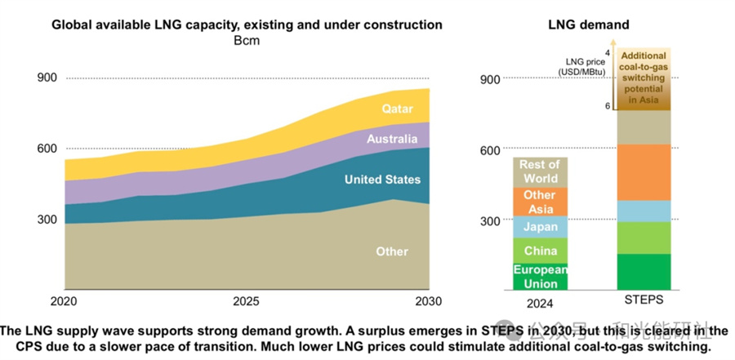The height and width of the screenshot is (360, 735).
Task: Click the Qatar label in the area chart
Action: pos(398,109)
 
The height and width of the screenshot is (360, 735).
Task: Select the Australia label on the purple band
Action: pos(391,140)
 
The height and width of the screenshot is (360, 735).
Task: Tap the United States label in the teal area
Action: pos(382,180)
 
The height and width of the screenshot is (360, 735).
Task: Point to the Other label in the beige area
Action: pos(392,251)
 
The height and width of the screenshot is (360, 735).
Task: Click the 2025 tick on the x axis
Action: pos(246,301)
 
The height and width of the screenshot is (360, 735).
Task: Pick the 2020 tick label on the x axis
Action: pos(64,301)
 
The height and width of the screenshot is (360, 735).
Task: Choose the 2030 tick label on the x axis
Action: pos(428,301)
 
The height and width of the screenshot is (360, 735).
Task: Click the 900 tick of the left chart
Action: pos(47,78)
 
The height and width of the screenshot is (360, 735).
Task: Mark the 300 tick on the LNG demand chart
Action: pos(489,220)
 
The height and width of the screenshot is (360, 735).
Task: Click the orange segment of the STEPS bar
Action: pos(644,172)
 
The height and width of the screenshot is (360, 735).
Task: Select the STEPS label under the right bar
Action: pos(644,302)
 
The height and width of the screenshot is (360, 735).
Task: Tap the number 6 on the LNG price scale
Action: pos(608,106)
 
